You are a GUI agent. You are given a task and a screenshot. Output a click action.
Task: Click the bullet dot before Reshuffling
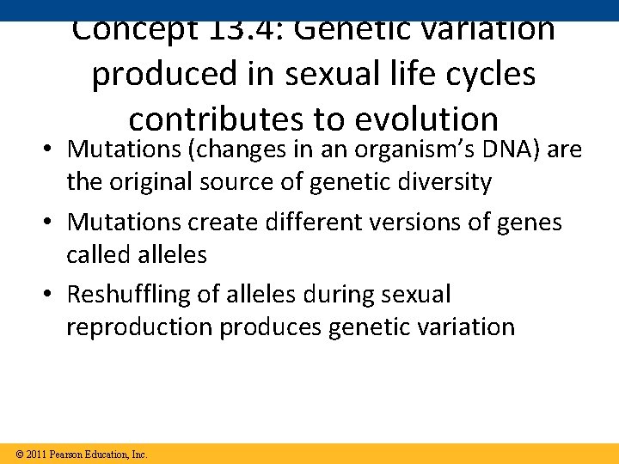click(51, 295)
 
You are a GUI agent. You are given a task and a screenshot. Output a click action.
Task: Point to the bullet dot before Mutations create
click(51, 223)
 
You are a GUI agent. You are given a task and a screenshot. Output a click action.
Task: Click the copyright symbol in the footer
click(19, 454)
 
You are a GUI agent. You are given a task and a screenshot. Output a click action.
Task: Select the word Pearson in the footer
click(66, 454)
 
